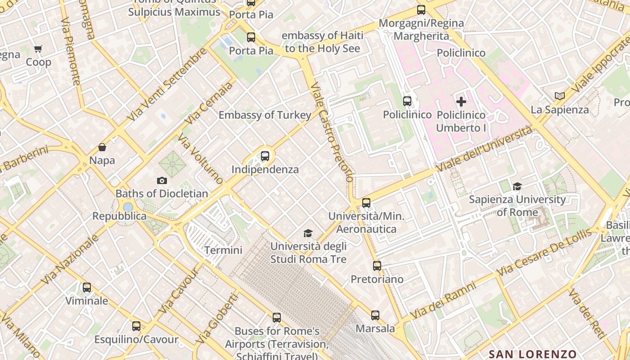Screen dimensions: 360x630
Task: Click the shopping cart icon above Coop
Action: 38,49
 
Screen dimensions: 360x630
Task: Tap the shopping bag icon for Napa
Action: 102,147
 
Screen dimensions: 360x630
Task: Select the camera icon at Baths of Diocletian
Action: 162,180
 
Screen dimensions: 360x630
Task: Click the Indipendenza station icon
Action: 265,156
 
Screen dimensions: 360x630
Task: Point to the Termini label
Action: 223,250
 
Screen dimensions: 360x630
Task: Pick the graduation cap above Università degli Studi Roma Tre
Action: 308,233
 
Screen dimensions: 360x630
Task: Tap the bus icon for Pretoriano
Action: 377,266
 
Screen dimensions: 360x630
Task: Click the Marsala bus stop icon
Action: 375,315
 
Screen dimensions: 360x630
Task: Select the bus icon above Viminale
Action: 87,287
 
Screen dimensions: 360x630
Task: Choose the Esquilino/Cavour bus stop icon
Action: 136,326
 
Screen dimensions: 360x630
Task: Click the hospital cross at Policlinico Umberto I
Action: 461,102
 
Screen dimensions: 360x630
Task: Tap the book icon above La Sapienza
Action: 560,96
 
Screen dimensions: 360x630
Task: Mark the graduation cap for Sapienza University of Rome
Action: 517,186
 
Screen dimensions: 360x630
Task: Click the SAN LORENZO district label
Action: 532,354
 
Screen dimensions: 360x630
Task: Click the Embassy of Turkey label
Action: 265,115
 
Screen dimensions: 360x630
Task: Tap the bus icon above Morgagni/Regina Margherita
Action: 421,10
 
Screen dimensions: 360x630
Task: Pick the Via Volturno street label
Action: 200,159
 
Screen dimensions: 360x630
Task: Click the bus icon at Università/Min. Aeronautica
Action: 366,203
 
